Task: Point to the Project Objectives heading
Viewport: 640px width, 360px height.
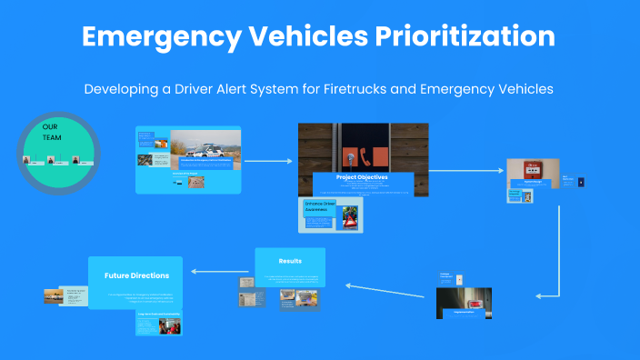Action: click(x=362, y=177)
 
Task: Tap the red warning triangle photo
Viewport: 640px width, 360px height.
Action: click(x=349, y=217)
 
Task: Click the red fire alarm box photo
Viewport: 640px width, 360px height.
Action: click(x=531, y=170)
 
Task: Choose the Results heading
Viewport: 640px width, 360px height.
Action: click(x=290, y=261)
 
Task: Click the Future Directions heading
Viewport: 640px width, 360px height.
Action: click(x=136, y=274)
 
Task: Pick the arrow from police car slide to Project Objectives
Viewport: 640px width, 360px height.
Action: click(x=269, y=161)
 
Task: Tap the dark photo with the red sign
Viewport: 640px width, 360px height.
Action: click(x=464, y=303)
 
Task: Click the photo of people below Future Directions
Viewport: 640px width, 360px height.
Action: click(x=170, y=325)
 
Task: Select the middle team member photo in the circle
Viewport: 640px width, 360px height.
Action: click(x=52, y=161)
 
